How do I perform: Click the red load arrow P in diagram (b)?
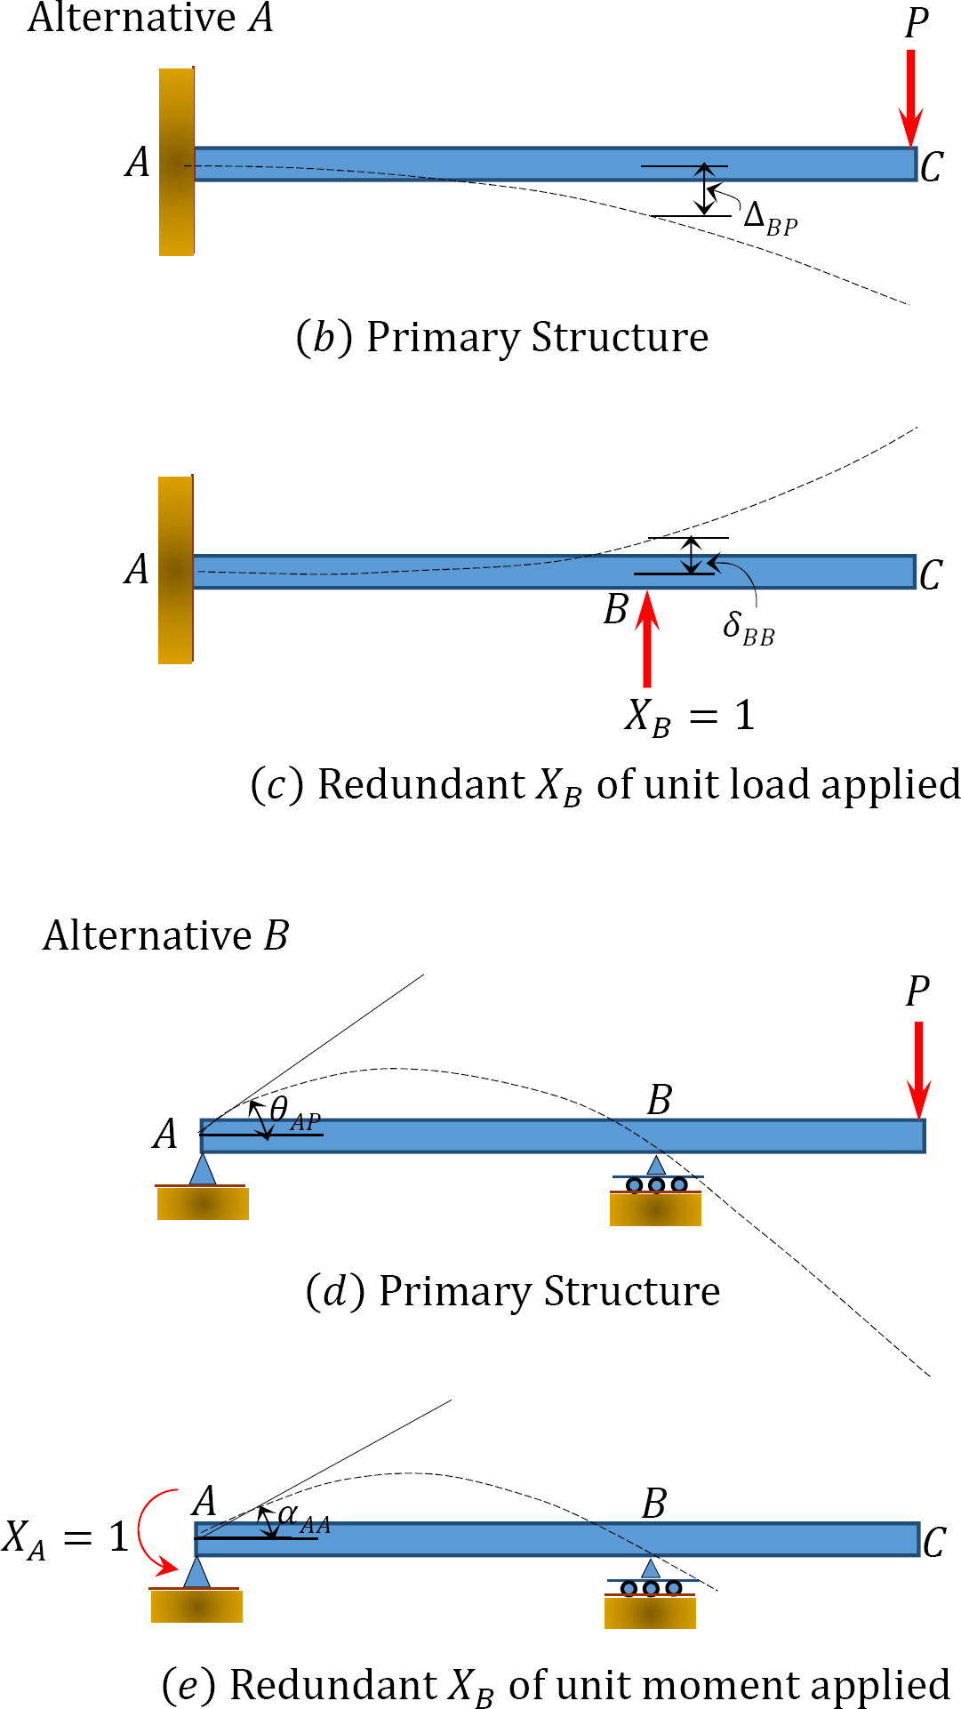click(910, 98)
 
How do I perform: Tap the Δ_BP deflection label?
click(770, 218)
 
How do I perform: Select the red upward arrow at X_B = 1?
click(648, 640)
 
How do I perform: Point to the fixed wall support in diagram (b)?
click(176, 162)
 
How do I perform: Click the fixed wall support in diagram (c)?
click(175, 570)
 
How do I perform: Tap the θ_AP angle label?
click(294, 1113)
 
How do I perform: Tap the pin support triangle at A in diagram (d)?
click(203, 1170)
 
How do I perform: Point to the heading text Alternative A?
click(150, 18)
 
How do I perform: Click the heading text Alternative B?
click(165, 935)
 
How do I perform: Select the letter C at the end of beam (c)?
click(931, 575)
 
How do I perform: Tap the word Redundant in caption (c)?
click(421, 785)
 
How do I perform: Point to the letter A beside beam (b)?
click(137, 163)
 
